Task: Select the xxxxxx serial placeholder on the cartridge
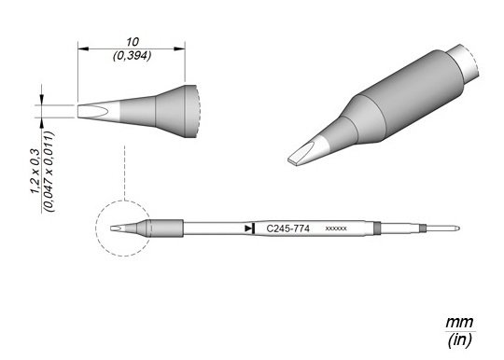[336, 228]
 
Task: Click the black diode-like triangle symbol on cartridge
[248, 228]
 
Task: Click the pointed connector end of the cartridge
[452, 228]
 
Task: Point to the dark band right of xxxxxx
[376, 228]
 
